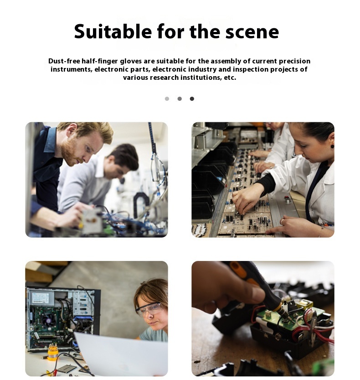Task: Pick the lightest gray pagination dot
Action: [x=167, y=99]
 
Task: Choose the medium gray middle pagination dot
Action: [x=180, y=99]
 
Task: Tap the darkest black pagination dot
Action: [x=192, y=99]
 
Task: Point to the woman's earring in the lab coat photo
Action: [x=332, y=146]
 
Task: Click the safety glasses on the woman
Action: [x=149, y=309]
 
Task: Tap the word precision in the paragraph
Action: [x=293, y=61]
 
